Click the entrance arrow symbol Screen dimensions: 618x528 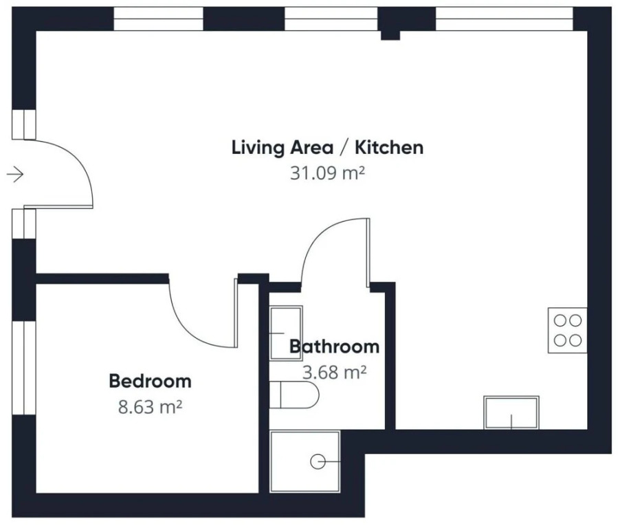(15, 174)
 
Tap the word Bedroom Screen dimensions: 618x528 (150, 381)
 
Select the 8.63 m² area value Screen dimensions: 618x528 (150, 406)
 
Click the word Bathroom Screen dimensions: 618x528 (334, 346)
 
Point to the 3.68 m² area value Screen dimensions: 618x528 (334, 372)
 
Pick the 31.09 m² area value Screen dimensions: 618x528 (327, 173)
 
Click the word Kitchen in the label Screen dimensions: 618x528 (389, 147)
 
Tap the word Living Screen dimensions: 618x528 (258, 148)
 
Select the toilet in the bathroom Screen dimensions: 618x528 (294, 395)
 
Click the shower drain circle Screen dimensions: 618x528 (318, 461)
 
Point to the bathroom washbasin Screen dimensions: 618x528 (286, 333)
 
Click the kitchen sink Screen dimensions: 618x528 (511, 412)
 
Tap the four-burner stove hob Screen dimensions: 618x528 (568, 330)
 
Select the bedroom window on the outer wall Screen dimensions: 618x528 (24, 368)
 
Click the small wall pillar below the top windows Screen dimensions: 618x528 (390, 35)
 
